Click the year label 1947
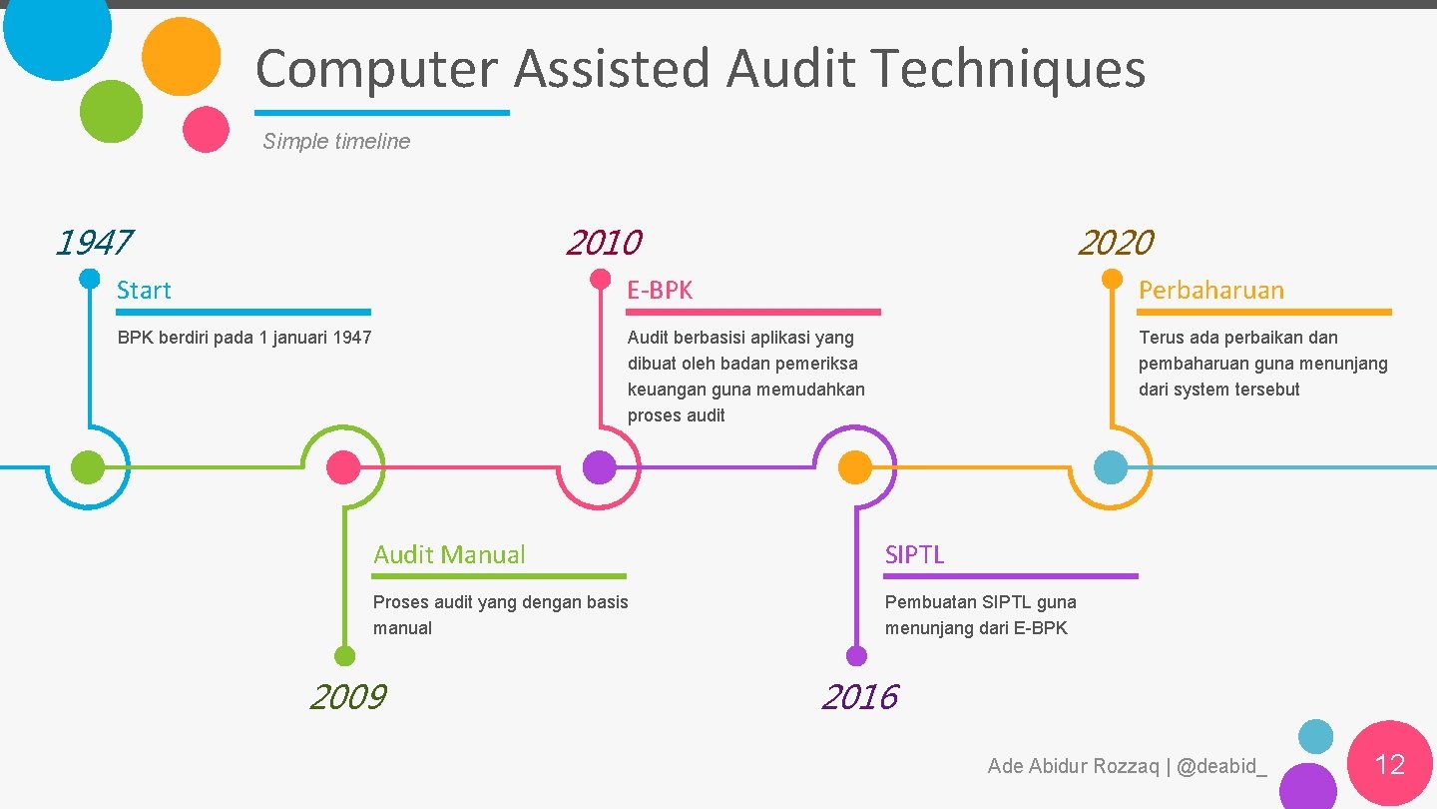coord(94,243)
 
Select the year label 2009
coord(347,697)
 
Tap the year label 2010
coord(604,243)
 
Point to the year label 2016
coord(859,697)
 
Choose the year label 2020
coord(1116,243)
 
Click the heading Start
coord(144,291)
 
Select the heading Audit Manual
coord(449,555)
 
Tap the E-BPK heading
coord(660,291)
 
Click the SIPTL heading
coord(914,555)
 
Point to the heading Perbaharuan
coord(1211,291)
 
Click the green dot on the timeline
coord(88,466)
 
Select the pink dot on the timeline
coord(343,466)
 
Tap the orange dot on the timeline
coord(855,466)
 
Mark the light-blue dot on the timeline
coord(1111,466)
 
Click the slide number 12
coord(1389,765)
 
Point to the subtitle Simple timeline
coord(336,142)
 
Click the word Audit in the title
coord(790,69)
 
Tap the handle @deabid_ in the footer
coord(1221,767)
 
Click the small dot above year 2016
coord(856,656)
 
